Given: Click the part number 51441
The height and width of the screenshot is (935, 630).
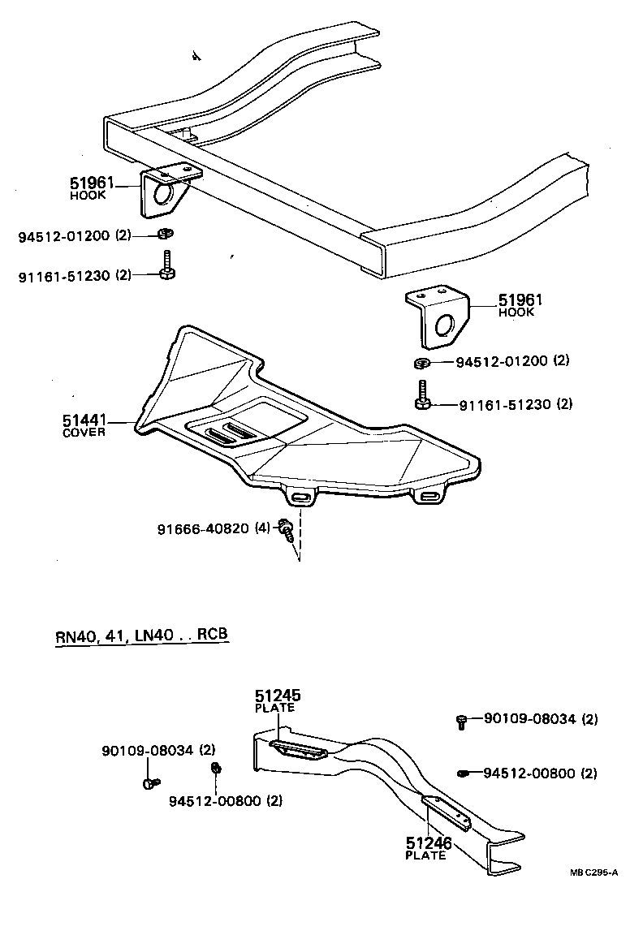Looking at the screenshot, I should pyautogui.click(x=84, y=420).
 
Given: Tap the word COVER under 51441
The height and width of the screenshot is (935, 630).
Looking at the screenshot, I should pyautogui.click(x=84, y=433).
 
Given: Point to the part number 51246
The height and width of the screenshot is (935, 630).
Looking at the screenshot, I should pyautogui.click(x=429, y=844).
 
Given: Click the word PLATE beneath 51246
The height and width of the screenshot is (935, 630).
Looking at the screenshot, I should pyautogui.click(x=425, y=855).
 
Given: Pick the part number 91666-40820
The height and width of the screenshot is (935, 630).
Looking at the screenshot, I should pyautogui.click(x=204, y=528).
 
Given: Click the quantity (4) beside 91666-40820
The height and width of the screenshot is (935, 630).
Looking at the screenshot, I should pyautogui.click(x=262, y=528).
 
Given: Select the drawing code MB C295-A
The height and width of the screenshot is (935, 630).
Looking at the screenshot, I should pyautogui.click(x=593, y=873).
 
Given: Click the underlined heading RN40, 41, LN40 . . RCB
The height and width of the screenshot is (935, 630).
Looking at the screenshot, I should pyautogui.click(x=141, y=636).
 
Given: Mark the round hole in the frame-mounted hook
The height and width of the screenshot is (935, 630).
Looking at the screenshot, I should pyautogui.click(x=162, y=195).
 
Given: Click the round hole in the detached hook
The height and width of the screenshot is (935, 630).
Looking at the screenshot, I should pyautogui.click(x=445, y=327).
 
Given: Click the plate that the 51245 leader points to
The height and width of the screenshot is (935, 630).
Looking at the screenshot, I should pyautogui.click(x=300, y=750).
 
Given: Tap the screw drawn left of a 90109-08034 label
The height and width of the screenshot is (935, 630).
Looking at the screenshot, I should pyautogui.click(x=462, y=720).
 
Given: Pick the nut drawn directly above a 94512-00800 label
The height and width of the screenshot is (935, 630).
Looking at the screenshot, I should pyautogui.click(x=216, y=769).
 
